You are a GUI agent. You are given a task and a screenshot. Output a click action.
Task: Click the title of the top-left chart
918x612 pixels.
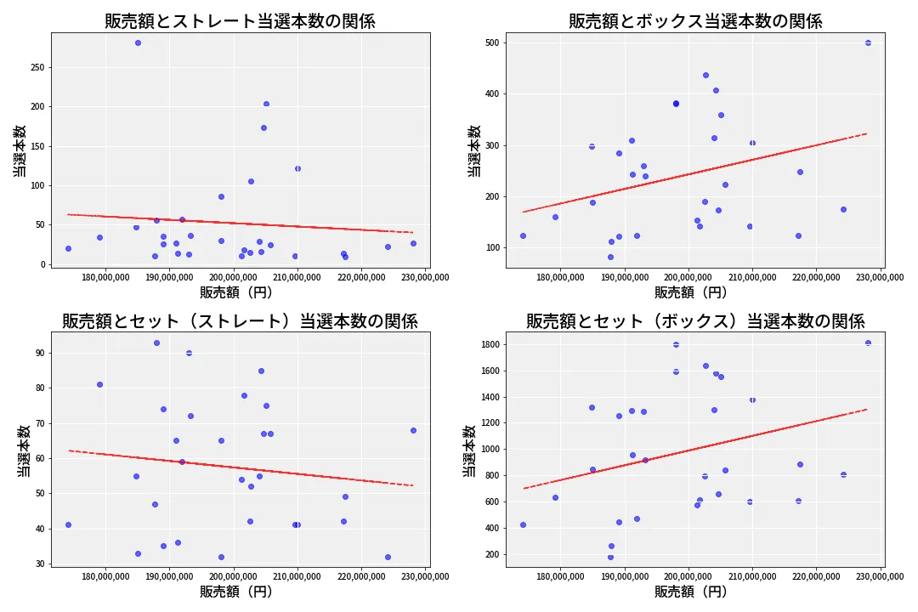(240, 21)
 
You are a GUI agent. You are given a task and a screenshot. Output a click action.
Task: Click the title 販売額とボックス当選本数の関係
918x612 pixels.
(695, 21)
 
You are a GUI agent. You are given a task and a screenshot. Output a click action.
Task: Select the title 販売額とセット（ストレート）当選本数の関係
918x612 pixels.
(240, 321)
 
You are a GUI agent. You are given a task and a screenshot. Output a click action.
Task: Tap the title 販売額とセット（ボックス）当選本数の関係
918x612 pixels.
(695, 321)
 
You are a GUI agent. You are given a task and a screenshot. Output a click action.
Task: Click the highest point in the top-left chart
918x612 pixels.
(138, 43)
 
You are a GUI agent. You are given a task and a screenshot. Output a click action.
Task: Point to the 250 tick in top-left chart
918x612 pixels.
(37, 67)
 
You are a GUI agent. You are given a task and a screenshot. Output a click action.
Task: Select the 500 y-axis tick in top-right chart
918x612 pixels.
(491, 42)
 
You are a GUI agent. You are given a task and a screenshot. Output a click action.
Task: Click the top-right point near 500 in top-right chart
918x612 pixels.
(868, 42)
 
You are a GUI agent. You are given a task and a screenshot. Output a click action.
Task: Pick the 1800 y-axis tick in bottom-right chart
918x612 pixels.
(488, 344)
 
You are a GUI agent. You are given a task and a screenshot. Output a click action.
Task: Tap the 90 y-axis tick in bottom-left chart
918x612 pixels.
(39, 353)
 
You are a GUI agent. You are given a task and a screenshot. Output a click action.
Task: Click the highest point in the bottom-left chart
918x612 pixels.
(156, 343)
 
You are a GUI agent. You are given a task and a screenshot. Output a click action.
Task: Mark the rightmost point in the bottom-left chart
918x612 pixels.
(413, 430)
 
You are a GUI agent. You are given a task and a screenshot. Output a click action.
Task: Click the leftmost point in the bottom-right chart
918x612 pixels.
(523, 525)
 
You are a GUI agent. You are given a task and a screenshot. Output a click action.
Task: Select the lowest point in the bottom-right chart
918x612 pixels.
(610, 558)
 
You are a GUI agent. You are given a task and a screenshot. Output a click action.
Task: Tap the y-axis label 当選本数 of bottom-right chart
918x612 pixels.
(469, 450)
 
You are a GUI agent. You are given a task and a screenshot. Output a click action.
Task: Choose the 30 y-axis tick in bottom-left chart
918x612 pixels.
(39, 564)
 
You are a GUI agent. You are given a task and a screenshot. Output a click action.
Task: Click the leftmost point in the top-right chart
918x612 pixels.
(523, 236)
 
